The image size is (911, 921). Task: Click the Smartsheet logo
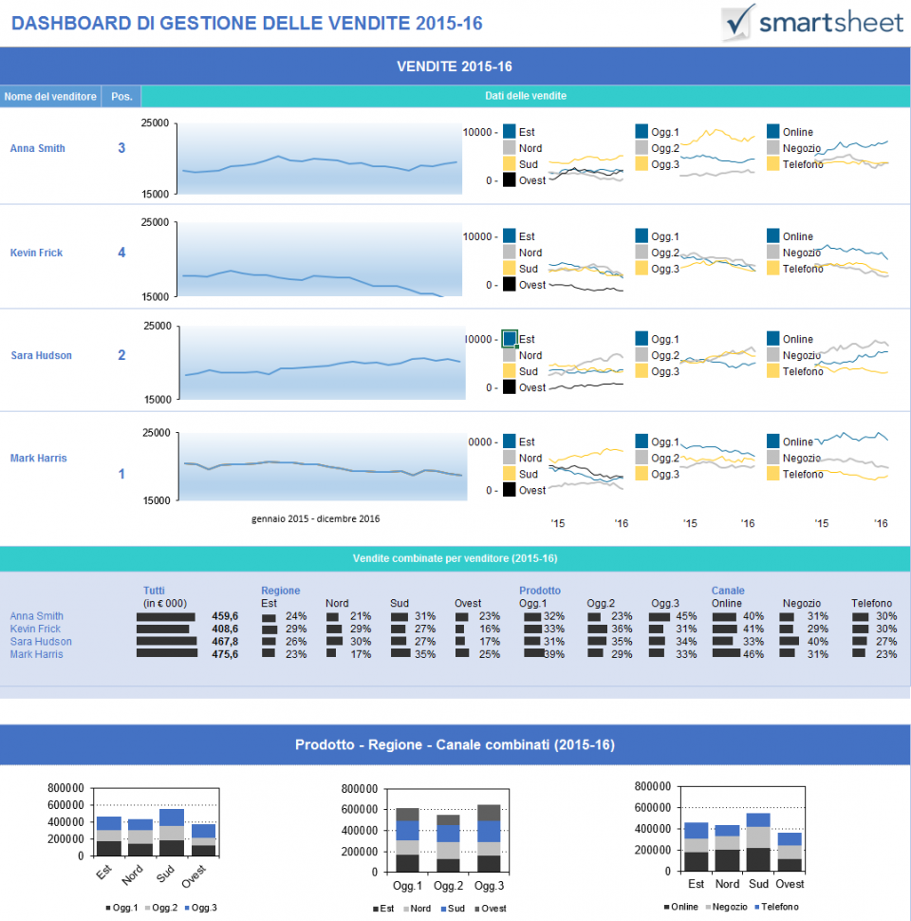811,22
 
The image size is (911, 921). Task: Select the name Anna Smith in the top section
38,148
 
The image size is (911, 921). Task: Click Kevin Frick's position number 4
121,253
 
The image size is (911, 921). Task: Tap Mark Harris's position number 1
121,474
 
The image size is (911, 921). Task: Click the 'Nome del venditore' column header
50,97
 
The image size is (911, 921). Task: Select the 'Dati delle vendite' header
526,96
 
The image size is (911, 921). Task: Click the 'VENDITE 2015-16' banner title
455,66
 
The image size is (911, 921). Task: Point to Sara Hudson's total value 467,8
225,641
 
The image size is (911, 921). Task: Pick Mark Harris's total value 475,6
225,653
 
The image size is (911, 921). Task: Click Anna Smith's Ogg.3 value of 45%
685,616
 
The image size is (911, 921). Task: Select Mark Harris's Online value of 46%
753,653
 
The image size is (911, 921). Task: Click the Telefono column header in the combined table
871,603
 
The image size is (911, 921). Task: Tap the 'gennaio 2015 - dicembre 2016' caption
316,518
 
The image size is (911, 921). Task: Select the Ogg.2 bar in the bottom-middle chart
448,843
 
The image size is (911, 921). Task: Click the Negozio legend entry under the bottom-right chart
726,908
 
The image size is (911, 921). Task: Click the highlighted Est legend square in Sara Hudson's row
510,338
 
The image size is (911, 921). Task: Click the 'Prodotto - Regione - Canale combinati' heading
455,744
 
